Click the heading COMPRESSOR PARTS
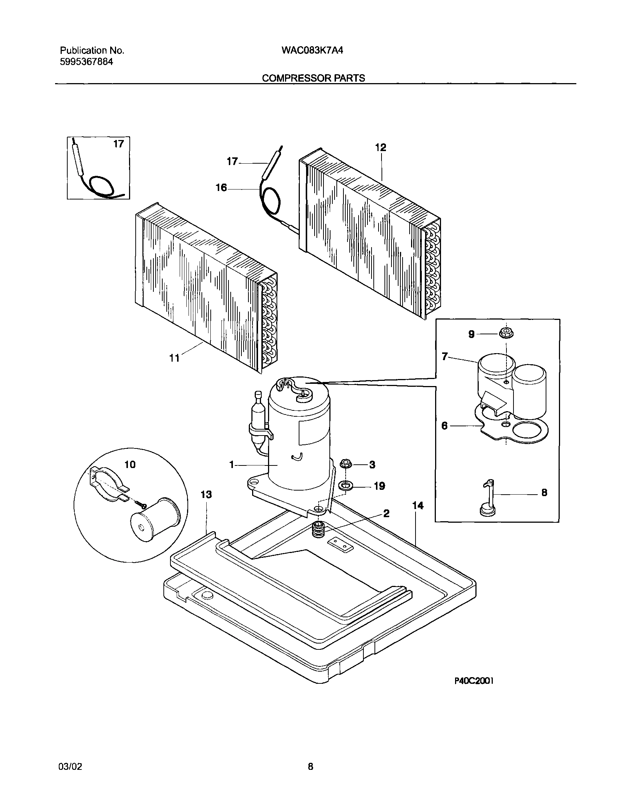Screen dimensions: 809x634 point(313,78)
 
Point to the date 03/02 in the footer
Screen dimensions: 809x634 point(70,767)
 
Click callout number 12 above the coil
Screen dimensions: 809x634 point(381,148)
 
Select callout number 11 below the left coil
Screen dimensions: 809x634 point(174,358)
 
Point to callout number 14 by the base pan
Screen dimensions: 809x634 point(418,506)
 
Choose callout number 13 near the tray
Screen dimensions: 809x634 point(206,495)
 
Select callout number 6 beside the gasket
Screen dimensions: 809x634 point(445,426)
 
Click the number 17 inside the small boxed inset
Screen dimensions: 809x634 point(119,144)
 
